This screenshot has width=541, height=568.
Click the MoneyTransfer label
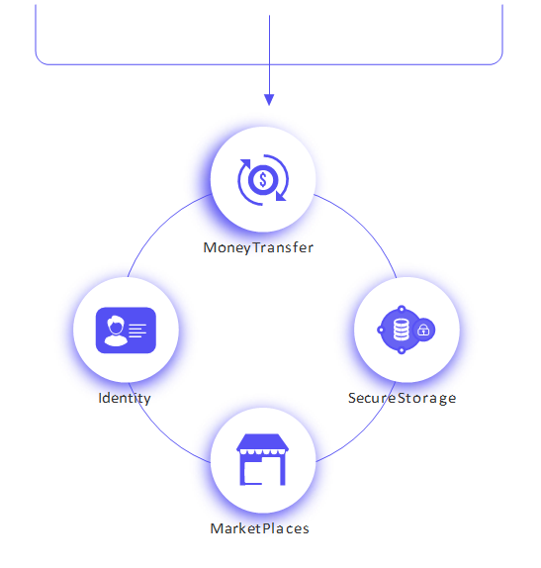[x=258, y=247]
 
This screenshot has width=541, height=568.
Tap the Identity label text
[x=125, y=398]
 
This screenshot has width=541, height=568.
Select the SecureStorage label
[x=402, y=398]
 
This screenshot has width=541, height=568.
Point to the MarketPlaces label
[x=260, y=528]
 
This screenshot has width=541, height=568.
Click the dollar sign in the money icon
[x=263, y=180]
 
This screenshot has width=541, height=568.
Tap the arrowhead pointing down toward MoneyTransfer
[x=269, y=100]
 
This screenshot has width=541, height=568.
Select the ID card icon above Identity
[x=126, y=330]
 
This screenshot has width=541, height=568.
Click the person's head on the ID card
[x=116, y=325]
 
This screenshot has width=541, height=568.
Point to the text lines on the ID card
[x=137, y=331]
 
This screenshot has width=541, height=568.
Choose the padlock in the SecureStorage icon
[x=423, y=330]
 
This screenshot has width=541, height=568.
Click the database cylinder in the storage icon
[x=402, y=330]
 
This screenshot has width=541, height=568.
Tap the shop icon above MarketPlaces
[x=262, y=459]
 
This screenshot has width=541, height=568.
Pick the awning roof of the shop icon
[x=262, y=442]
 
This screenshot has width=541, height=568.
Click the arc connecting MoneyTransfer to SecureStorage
[x=364, y=227]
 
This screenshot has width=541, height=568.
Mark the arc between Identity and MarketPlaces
[x=161, y=431]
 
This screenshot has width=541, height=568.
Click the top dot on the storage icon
[x=402, y=309]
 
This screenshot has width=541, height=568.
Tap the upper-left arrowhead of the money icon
[x=245, y=163]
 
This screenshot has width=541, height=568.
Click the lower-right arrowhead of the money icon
[x=280, y=196]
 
